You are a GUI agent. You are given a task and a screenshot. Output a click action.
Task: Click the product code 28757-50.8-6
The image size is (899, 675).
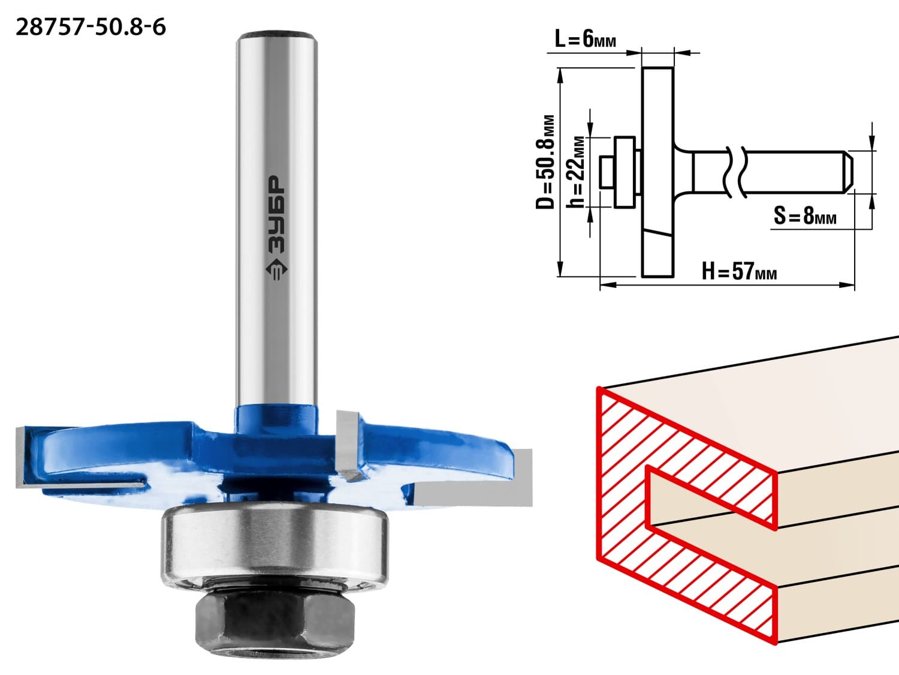coord(90,28)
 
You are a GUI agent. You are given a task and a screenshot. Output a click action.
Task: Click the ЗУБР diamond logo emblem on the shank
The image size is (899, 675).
coord(276,269)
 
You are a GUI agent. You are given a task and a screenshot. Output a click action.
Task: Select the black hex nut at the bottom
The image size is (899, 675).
coord(275,623)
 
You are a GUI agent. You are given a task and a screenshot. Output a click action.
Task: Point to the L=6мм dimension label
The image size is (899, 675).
coord(586,40)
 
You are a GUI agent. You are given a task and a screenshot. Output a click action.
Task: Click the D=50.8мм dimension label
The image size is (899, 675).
coord(545,162)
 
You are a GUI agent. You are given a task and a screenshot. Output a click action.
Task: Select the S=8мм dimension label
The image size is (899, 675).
coord(805,215)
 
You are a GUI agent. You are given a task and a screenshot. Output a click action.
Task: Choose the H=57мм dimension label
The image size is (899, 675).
coord(739,271)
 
